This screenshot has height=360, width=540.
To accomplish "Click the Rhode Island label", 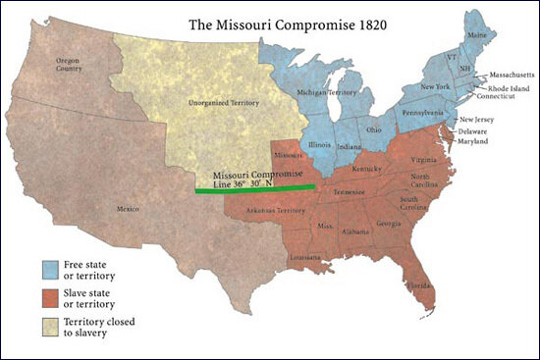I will [x=502, y=87].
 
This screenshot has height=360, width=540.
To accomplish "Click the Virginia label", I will [x=423, y=159].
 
